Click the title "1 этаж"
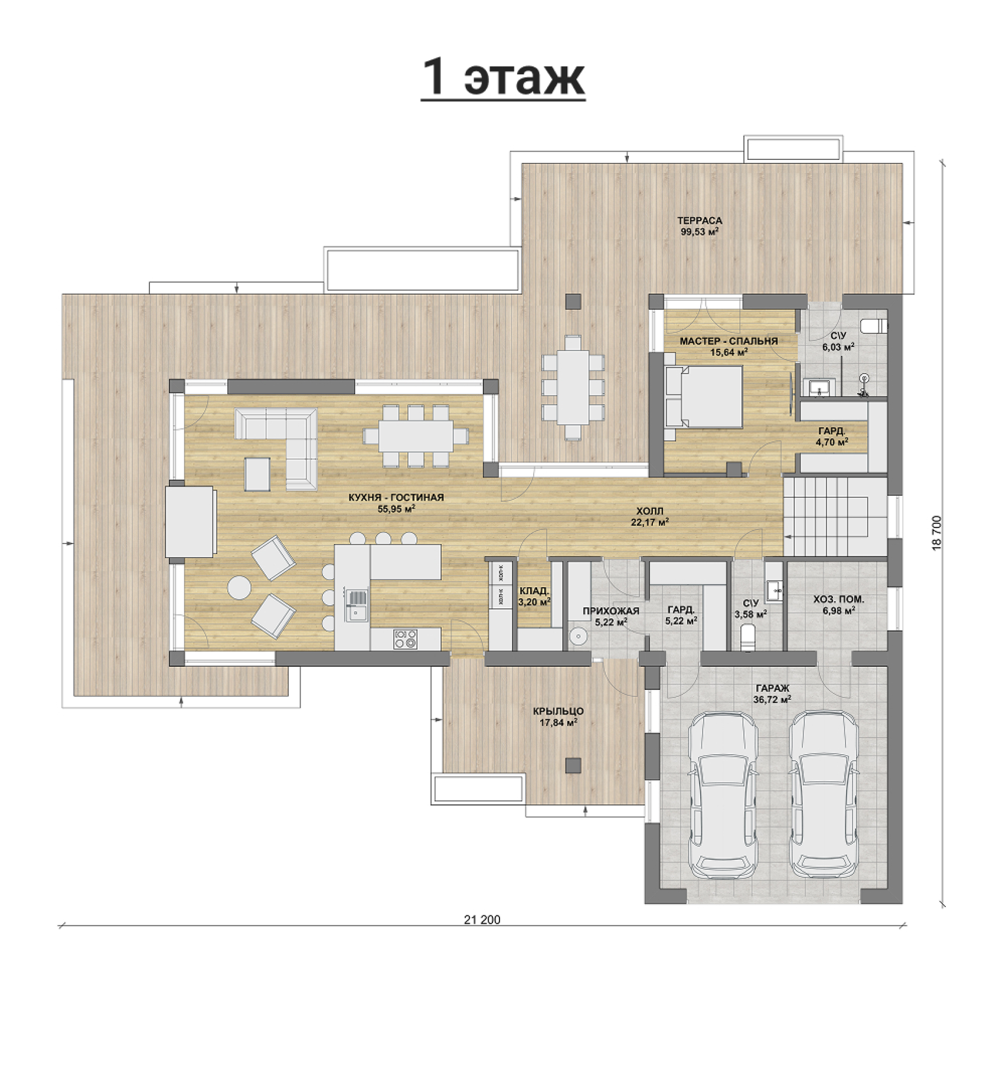(503, 78)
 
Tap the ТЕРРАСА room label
(700, 221)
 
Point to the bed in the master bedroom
(704, 397)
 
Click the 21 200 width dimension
(482, 919)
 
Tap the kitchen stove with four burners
(405, 640)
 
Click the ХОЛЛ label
(649, 511)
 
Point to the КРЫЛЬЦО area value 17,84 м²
(558, 722)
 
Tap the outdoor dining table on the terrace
(573, 387)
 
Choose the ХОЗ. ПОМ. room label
(838, 600)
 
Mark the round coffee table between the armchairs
(240, 587)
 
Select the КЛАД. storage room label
(534, 591)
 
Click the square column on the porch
(573, 765)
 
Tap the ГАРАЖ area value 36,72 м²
(772, 699)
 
